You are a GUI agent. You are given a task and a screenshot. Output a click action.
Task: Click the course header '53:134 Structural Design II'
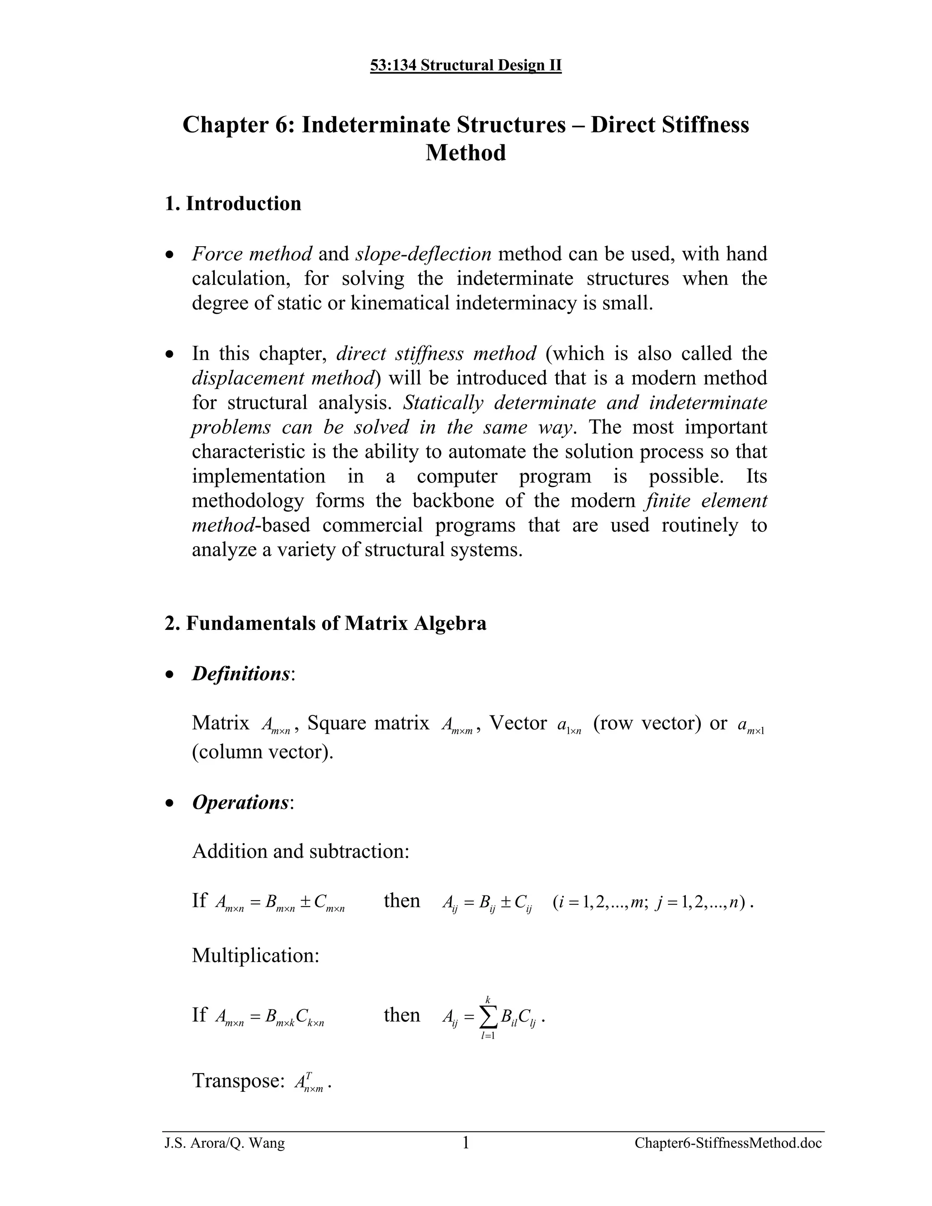pyautogui.click(x=466, y=66)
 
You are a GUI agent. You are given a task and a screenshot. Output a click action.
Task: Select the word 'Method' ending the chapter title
pyautogui.click(x=466, y=153)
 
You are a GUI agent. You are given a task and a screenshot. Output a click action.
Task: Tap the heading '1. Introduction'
pyautogui.click(x=233, y=204)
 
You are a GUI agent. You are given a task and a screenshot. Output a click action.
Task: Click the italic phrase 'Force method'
pyautogui.click(x=252, y=254)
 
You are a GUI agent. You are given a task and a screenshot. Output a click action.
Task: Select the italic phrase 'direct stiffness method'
pyautogui.click(x=436, y=354)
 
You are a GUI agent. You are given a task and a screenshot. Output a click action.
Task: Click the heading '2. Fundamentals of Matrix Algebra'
pyautogui.click(x=325, y=623)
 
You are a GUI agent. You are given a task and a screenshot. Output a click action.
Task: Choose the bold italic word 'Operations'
pyautogui.click(x=240, y=802)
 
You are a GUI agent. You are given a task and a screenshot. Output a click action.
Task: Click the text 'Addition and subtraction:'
pyautogui.click(x=300, y=851)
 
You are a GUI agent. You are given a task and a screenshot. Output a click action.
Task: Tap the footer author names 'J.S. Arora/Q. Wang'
pyautogui.click(x=225, y=1143)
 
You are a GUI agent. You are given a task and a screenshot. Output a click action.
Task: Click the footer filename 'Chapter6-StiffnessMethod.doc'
pyautogui.click(x=728, y=1143)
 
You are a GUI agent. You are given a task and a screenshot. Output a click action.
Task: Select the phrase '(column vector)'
pyautogui.click(x=262, y=752)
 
